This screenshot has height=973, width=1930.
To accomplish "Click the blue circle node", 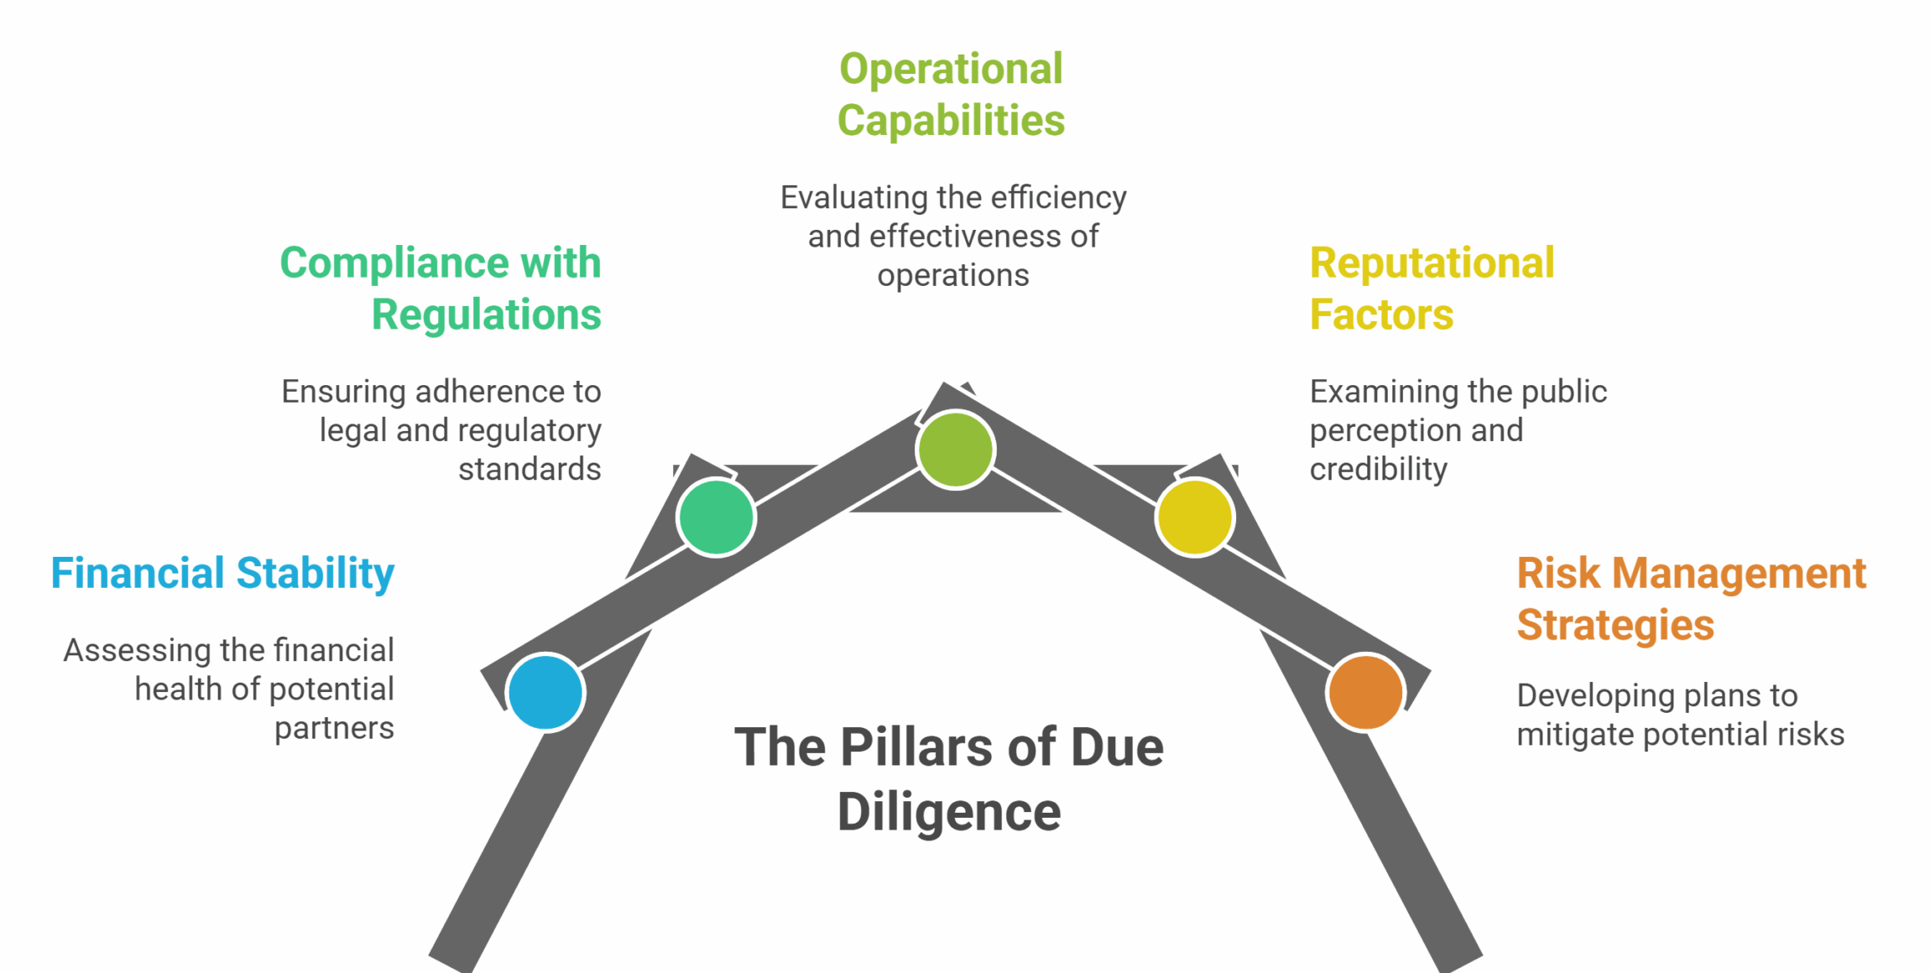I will point(545,692).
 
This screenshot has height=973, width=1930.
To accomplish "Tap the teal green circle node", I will point(716,517).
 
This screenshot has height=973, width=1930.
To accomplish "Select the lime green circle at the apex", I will point(955,450).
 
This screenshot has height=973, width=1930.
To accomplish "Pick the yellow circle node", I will point(1194,517).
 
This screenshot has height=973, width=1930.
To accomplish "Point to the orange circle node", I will point(1365,692).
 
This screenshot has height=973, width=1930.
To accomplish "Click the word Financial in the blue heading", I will point(138,574).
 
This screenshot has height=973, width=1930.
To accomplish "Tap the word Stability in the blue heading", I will point(315,574).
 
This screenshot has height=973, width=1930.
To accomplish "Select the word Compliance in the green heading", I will point(394,263).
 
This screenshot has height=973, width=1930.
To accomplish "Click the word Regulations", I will point(486,315).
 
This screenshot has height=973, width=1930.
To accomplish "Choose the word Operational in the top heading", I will point(951,69).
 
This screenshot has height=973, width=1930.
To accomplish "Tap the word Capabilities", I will point(951,121).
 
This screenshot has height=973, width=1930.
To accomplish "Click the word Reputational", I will point(1432,263).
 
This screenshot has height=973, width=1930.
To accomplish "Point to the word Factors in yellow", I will point(1381,315).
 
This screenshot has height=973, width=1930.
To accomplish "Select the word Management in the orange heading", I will point(1739,574).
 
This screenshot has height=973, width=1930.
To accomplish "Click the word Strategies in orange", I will point(1615,626).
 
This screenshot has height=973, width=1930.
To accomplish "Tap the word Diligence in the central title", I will point(949,812).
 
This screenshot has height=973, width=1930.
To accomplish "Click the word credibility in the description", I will point(1379,469).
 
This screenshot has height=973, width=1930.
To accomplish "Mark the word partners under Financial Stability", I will point(334,728).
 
